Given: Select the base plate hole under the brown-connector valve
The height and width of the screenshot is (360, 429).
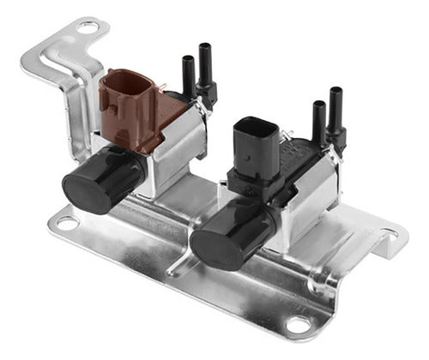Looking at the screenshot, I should pyautogui.click(x=66, y=224).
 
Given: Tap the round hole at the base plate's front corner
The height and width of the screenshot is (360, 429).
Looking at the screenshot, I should pyautogui.click(x=298, y=325).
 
